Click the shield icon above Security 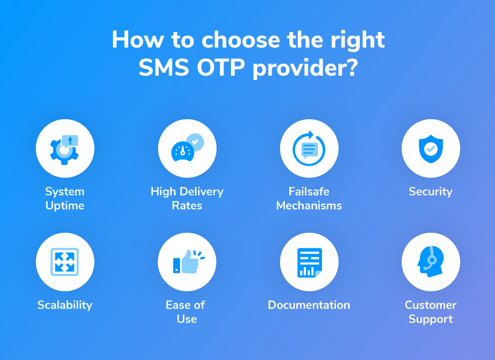click(431, 148)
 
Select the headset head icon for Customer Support click(431, 261)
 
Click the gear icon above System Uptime click(64, 151)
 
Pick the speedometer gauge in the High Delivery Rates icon click(182, 151)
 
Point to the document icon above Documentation click(309, 263)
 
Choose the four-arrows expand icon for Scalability click(65, 262)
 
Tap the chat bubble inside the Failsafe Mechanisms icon click(309, 150)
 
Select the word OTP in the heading click(221, 67)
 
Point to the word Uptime click(65, 206)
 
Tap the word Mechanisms click(309, 206)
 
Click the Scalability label click(65, 305)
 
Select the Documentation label click(309, 305)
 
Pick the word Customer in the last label click(431, 305)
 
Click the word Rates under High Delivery click(187, 206)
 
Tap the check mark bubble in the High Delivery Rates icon click(195, 142)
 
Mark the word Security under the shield click(431, 191)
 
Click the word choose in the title click(241, 40)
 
